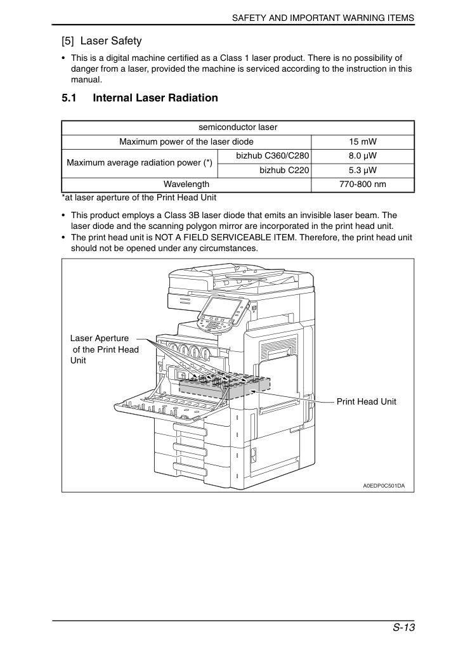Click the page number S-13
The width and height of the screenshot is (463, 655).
[403, 628]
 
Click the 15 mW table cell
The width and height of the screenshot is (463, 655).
[363, 142]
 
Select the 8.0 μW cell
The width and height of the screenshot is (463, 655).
[363, 156]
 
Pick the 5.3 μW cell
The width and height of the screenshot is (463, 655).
[363, 171]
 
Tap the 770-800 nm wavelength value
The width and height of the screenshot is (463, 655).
[363, 185]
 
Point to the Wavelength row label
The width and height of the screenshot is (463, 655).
[186, 185]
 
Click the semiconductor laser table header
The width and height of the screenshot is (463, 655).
[238, 127]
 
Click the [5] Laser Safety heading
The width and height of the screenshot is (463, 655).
[101, 41]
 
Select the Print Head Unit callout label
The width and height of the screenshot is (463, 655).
[367, 402]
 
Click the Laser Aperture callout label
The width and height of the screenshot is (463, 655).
[105, 349]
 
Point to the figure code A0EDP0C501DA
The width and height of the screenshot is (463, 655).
[384, 486]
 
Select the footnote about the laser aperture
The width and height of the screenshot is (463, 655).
[139, 198]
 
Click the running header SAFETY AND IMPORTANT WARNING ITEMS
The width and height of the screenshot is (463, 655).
[323, 18]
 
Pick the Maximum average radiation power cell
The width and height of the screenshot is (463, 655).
[140, 164]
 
